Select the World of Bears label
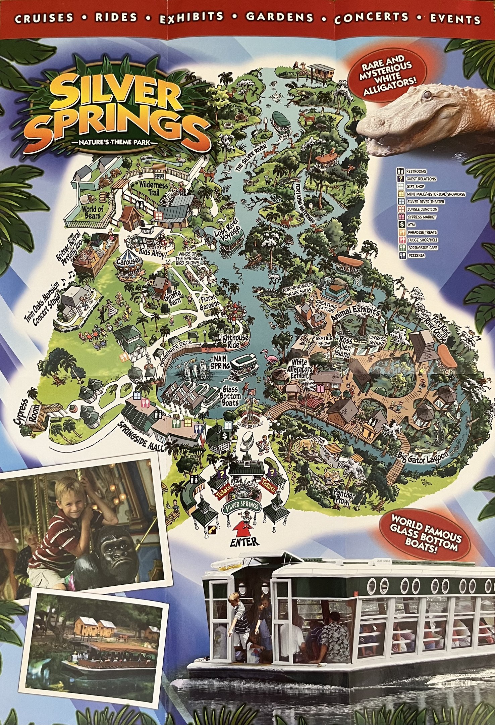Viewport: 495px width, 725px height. (x=93, y=212)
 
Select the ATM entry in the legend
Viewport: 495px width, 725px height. (x=418, y=225)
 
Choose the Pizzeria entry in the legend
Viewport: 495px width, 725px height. (x=416, y=255)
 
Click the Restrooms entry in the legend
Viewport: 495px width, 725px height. (x=416, y=171)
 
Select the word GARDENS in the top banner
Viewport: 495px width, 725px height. (x=280, y=17)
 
